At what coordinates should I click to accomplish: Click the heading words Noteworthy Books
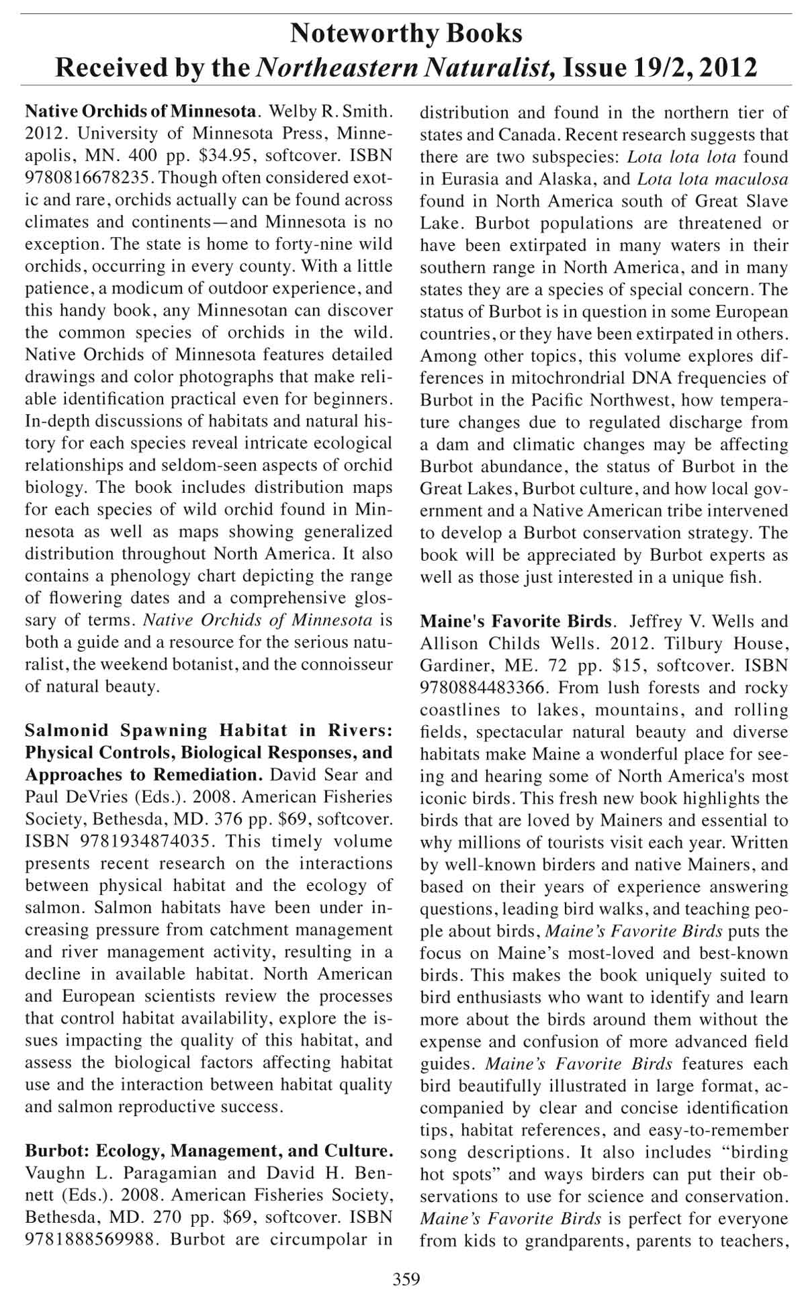tap(406, 33)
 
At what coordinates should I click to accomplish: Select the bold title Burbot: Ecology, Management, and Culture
tap(208, 1152)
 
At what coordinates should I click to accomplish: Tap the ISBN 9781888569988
tap(90, 1240)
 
